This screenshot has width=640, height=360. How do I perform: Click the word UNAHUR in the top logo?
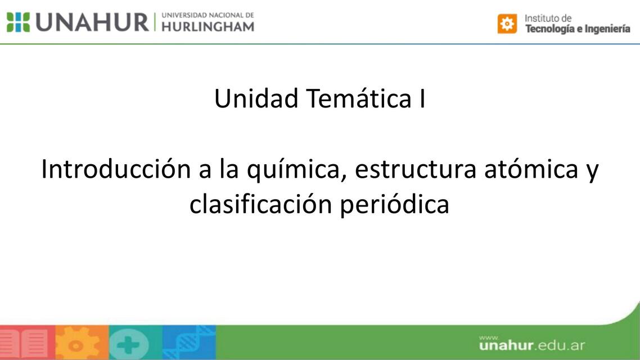(93, 22)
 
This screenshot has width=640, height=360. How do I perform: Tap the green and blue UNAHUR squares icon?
(18, 22)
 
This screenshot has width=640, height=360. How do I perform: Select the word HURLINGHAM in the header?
(208, 26)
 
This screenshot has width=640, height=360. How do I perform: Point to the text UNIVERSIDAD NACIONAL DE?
(208, 15)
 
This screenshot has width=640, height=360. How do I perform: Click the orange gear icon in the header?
(507, 24)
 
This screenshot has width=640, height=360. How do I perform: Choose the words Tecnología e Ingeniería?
(578, 29)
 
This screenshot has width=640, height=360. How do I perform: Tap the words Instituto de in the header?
(548, 18)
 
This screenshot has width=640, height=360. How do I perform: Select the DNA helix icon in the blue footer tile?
(188, 343)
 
